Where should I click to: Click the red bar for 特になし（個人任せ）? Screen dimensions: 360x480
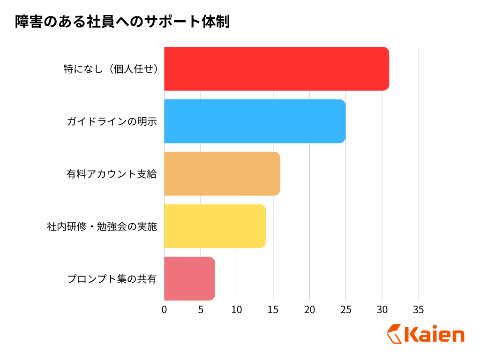(277, 68)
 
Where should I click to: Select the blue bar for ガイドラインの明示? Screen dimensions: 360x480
(255, 121)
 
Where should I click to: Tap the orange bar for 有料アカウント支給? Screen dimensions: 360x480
(222, 173)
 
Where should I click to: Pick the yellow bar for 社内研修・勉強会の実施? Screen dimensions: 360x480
(215, 226)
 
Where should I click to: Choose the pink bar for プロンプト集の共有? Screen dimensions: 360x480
(189, 278)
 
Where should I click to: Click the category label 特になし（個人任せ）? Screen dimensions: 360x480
(110, 69)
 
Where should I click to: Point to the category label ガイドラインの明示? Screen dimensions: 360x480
(112, 121)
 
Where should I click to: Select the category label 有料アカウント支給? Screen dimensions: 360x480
(112, 174)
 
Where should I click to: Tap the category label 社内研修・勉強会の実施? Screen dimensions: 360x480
(102, 226)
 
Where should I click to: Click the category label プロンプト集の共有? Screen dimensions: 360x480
(112, 279)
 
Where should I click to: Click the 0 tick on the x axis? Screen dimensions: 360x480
(164, 310)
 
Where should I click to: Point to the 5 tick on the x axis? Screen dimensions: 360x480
(201, 310)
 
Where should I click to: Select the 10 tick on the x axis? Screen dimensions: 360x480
(237, 310)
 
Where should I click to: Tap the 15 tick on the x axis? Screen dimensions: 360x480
(273, 310)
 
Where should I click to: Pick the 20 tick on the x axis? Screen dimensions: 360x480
(309, 310)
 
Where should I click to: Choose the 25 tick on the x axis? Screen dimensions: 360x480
(346, 310)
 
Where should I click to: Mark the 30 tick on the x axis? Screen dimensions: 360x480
(382, 310)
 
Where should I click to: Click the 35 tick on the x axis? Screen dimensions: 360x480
(418, 310)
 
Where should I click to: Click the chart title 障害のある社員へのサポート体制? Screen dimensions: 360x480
(122, 22)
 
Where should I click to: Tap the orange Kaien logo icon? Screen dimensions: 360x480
(394, 334)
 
